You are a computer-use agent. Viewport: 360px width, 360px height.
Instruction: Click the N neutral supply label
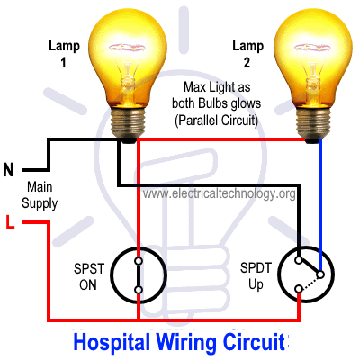click(8, 170)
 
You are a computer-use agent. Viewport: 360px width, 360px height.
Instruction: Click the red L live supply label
click(10, 221)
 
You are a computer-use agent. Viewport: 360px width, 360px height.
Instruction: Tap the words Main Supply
click(40, 195)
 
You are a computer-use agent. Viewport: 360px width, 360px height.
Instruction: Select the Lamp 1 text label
click(64, 54)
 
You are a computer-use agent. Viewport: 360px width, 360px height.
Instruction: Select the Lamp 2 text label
click(247, 54)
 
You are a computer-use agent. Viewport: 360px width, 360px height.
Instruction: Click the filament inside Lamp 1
click(128, 48)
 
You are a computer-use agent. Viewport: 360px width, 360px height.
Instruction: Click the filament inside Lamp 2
click(312, 48)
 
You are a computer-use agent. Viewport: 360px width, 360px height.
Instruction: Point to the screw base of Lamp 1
click(128, 123)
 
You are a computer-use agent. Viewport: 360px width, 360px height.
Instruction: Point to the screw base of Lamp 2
click(313, 123)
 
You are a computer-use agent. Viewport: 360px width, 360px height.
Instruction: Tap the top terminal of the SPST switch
click(139, 261)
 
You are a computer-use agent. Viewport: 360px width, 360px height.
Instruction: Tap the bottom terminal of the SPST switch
click(139, 290)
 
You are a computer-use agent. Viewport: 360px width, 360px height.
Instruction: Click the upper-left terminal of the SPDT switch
click(299, 260)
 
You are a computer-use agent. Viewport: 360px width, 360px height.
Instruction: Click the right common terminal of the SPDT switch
click(320, 274)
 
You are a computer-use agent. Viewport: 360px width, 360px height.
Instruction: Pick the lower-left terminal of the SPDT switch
click(299, 289)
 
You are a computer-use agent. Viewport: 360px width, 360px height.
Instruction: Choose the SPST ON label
click(89, 276)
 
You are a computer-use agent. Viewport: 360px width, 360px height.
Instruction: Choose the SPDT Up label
click(256, 276)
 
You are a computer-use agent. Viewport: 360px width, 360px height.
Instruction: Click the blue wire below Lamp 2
click(320, 204)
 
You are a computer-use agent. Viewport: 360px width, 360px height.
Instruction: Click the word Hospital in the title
click(112, 342)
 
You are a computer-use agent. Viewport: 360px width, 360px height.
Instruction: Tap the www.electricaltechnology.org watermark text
click(219, 193)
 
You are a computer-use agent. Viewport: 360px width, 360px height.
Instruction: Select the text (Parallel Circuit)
click(216, 121)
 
